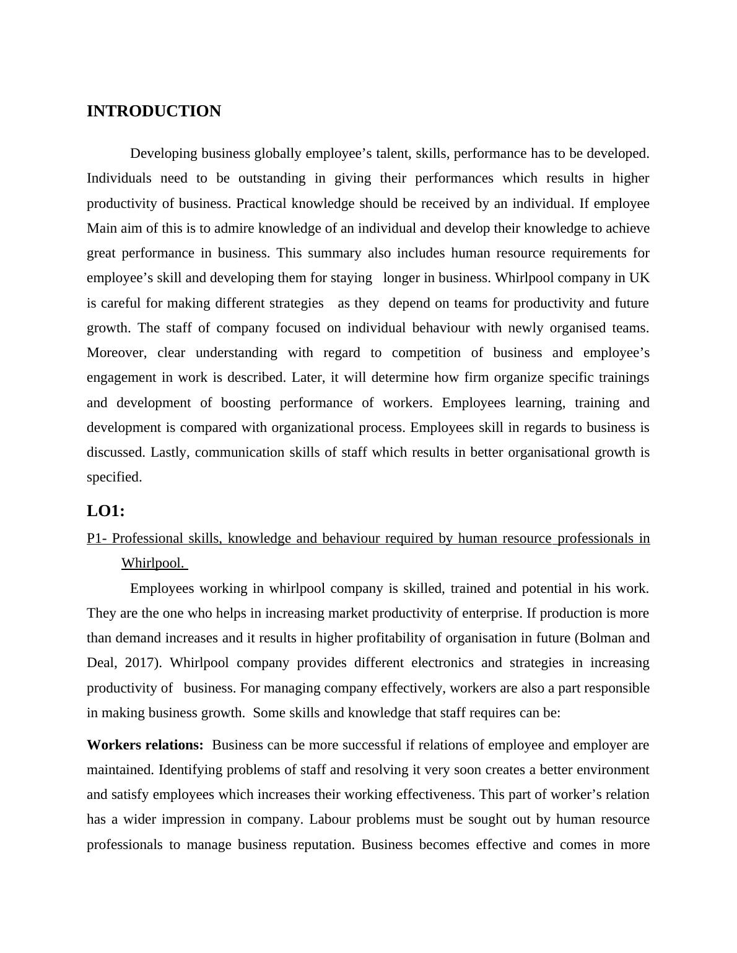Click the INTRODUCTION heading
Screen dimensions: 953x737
tap(154, 111)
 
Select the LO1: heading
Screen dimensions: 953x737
tap(106, 511)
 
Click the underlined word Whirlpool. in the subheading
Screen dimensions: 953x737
tap(153, 563)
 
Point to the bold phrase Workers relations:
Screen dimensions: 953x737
tap(145, 745)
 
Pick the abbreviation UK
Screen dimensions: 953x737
tap(639, 278)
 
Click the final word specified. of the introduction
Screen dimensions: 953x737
tap(114, 477)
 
